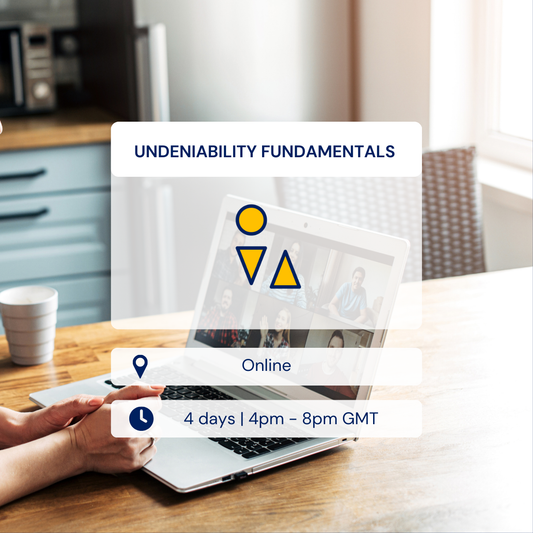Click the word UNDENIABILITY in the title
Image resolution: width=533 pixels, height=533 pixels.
(x=190, y=152)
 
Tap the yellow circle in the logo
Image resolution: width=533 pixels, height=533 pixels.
(x=251, y=220)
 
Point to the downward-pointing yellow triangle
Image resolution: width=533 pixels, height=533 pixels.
(x=251, y=262)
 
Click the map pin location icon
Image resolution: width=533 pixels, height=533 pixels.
(x=140, y=366)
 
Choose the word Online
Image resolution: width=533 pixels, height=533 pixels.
(x=266, y=366)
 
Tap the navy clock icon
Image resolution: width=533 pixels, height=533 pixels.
(x=141, y=419)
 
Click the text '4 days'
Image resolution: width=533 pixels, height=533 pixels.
(x=207, y=419)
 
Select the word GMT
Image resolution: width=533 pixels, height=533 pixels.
(x=359, y=419)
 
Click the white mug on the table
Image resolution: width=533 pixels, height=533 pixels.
(x=28, y=324)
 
